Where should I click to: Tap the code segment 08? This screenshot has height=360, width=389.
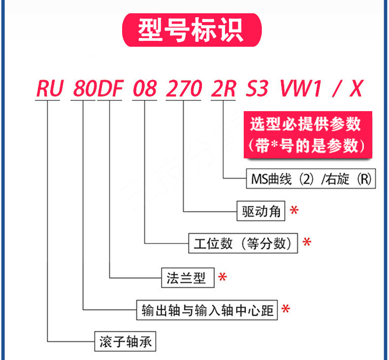click(x=145, y=89)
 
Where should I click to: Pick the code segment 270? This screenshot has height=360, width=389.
click(x=183, y=89)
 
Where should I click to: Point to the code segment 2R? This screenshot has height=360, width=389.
click(x=224, y=89)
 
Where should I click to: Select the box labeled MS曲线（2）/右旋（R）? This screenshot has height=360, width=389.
click(x=310, y=179)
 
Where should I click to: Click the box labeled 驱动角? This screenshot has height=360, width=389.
click(x=261, y=211)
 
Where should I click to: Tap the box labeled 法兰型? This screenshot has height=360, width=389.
click(x=188, y=277)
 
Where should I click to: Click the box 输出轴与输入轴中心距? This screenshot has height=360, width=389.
click(x=207, y=310)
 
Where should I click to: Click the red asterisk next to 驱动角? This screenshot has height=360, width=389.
click(x=294, y=211)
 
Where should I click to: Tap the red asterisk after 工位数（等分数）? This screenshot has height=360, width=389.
click(x=307, y=243)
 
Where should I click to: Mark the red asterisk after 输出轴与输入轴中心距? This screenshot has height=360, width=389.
click(x=285, y=310)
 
